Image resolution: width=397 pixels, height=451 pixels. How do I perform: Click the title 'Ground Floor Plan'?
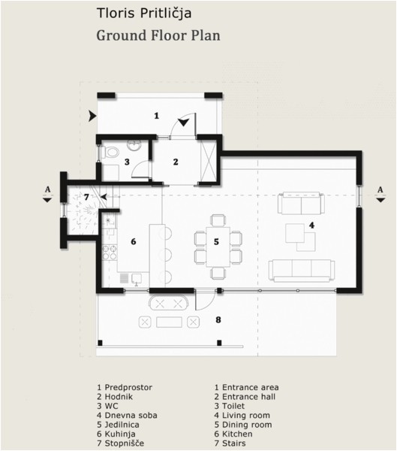click(157, 35)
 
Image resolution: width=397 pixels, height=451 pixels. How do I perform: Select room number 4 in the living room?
click(311, 225)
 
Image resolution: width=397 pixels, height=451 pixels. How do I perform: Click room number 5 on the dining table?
click(216, 241)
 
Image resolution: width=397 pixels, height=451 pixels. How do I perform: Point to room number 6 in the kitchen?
click(133, 241)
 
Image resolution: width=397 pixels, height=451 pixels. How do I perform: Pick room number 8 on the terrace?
click(218, 319)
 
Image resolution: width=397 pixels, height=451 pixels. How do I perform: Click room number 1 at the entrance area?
click(156, 115)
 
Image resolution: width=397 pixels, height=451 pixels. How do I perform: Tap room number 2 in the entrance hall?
click(176, 161)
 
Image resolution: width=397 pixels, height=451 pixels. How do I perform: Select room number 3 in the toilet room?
click(128, 161)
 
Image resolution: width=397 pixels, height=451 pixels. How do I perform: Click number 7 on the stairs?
click(87, 197)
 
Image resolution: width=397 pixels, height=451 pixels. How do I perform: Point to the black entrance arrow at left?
click(92, 117)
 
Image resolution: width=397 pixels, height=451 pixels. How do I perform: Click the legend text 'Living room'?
click(246, 415)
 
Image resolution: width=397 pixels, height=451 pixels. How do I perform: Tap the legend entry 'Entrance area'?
click(251, 388)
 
